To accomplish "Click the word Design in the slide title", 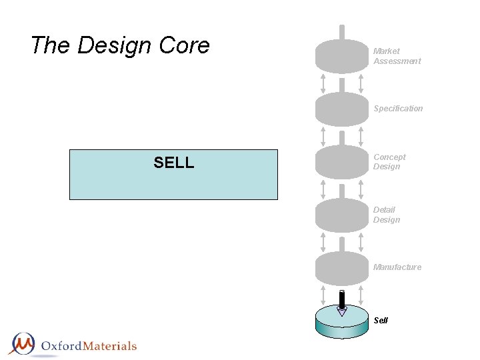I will (115, 46).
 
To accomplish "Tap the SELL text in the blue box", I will (174, 163).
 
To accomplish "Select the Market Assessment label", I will (397, 56).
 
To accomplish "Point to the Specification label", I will (398, 109).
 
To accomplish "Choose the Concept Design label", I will (389, 162).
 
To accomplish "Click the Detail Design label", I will (387, 215).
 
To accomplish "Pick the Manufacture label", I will (397, 267).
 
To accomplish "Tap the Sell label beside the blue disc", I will (381, 321).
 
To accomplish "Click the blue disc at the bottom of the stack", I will (341, 325).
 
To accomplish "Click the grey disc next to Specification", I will (341, 109).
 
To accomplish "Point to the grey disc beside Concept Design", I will (341, 162).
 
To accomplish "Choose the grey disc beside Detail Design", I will (341, 215).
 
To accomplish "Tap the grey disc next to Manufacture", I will (341, 268).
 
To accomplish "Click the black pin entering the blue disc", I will (342, 301).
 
